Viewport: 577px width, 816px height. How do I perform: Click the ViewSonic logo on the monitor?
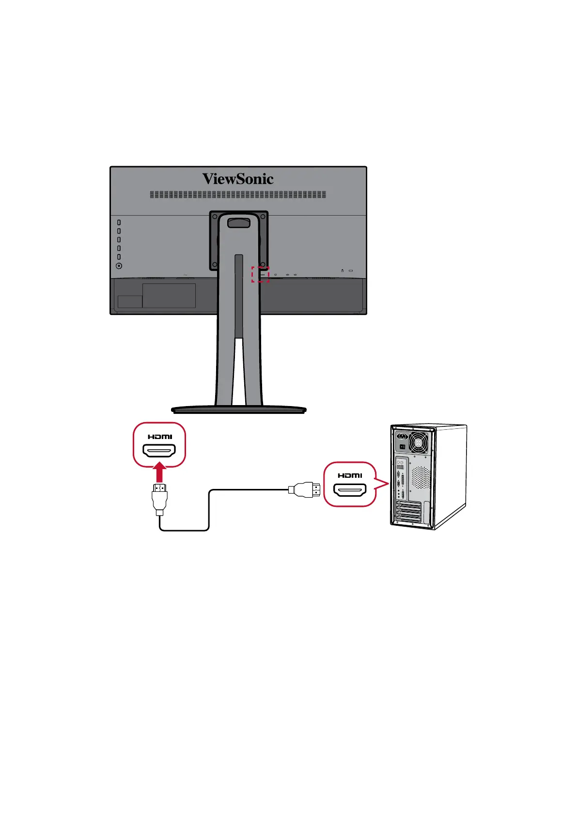click(238, 179)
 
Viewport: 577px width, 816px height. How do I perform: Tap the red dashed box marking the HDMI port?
click(260, 274)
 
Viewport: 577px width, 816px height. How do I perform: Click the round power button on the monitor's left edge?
click(119, 266)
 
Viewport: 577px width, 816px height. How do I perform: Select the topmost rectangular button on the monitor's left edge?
click(119, 222)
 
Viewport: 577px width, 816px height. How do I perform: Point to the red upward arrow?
click(159, 472)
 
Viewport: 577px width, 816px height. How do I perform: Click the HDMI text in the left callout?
click(159, 437)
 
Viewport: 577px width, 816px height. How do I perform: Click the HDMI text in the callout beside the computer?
click(350, 475)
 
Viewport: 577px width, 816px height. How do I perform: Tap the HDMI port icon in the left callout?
click(159, 452)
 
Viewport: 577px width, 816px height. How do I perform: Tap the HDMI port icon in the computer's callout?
click(350, 490)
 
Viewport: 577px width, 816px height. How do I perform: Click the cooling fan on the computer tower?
click(419, 442)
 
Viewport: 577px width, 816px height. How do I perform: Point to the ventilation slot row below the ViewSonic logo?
click(238, 194)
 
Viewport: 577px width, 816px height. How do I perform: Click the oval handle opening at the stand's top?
click(239, 223)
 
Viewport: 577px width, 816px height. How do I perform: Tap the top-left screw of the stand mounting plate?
click(215, 217)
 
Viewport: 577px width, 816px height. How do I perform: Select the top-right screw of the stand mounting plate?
click(263, 217)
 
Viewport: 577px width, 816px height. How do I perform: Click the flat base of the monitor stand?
click(238, 409)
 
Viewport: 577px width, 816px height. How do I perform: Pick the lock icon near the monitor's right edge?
click(343, 271)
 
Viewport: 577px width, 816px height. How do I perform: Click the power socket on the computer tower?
click(402, 436)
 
